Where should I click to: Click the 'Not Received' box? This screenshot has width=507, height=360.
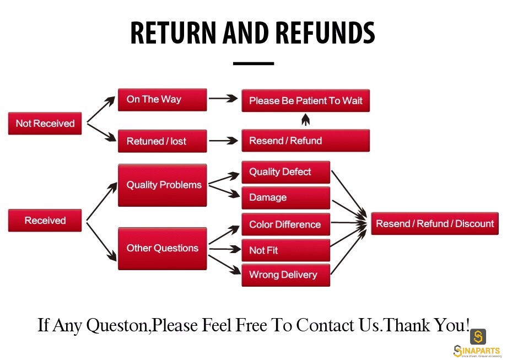tap(45, 123)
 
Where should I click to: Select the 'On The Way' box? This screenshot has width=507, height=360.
tap(163, 100)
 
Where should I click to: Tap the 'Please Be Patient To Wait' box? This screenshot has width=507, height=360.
tap(305, 100)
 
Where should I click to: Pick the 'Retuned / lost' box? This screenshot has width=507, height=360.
tap(163, 141)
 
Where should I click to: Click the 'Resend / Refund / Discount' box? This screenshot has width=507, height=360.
tap(435, 223)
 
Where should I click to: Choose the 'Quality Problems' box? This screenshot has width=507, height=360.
tap(163, 185)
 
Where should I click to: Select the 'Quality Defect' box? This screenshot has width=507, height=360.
tap(286, 172)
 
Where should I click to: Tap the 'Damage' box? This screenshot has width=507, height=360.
tap(286, 197)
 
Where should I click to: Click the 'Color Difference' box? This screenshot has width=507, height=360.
tap(286, 224)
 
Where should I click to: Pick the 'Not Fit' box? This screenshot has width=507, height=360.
tap(286, 250)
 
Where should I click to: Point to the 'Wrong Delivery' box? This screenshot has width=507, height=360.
tap(286, 275)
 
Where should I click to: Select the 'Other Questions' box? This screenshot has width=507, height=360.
tap(163, 249)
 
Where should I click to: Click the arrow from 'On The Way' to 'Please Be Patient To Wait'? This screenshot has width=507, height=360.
tap(223, 98)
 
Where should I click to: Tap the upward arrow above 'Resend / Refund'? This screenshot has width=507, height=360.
tap(305, 119)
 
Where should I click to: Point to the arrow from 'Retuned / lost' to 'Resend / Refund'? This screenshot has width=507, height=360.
tap(223, 141)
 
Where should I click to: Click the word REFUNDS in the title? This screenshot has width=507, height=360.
tap(325, 33)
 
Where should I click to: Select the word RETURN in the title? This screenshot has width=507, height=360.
tap(173, 33)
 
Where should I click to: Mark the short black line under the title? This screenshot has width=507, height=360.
tap(253, 63)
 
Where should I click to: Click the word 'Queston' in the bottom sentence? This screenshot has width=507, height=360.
tap(118, 325)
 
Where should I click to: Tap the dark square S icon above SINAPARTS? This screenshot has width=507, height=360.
tap(478, 337)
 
